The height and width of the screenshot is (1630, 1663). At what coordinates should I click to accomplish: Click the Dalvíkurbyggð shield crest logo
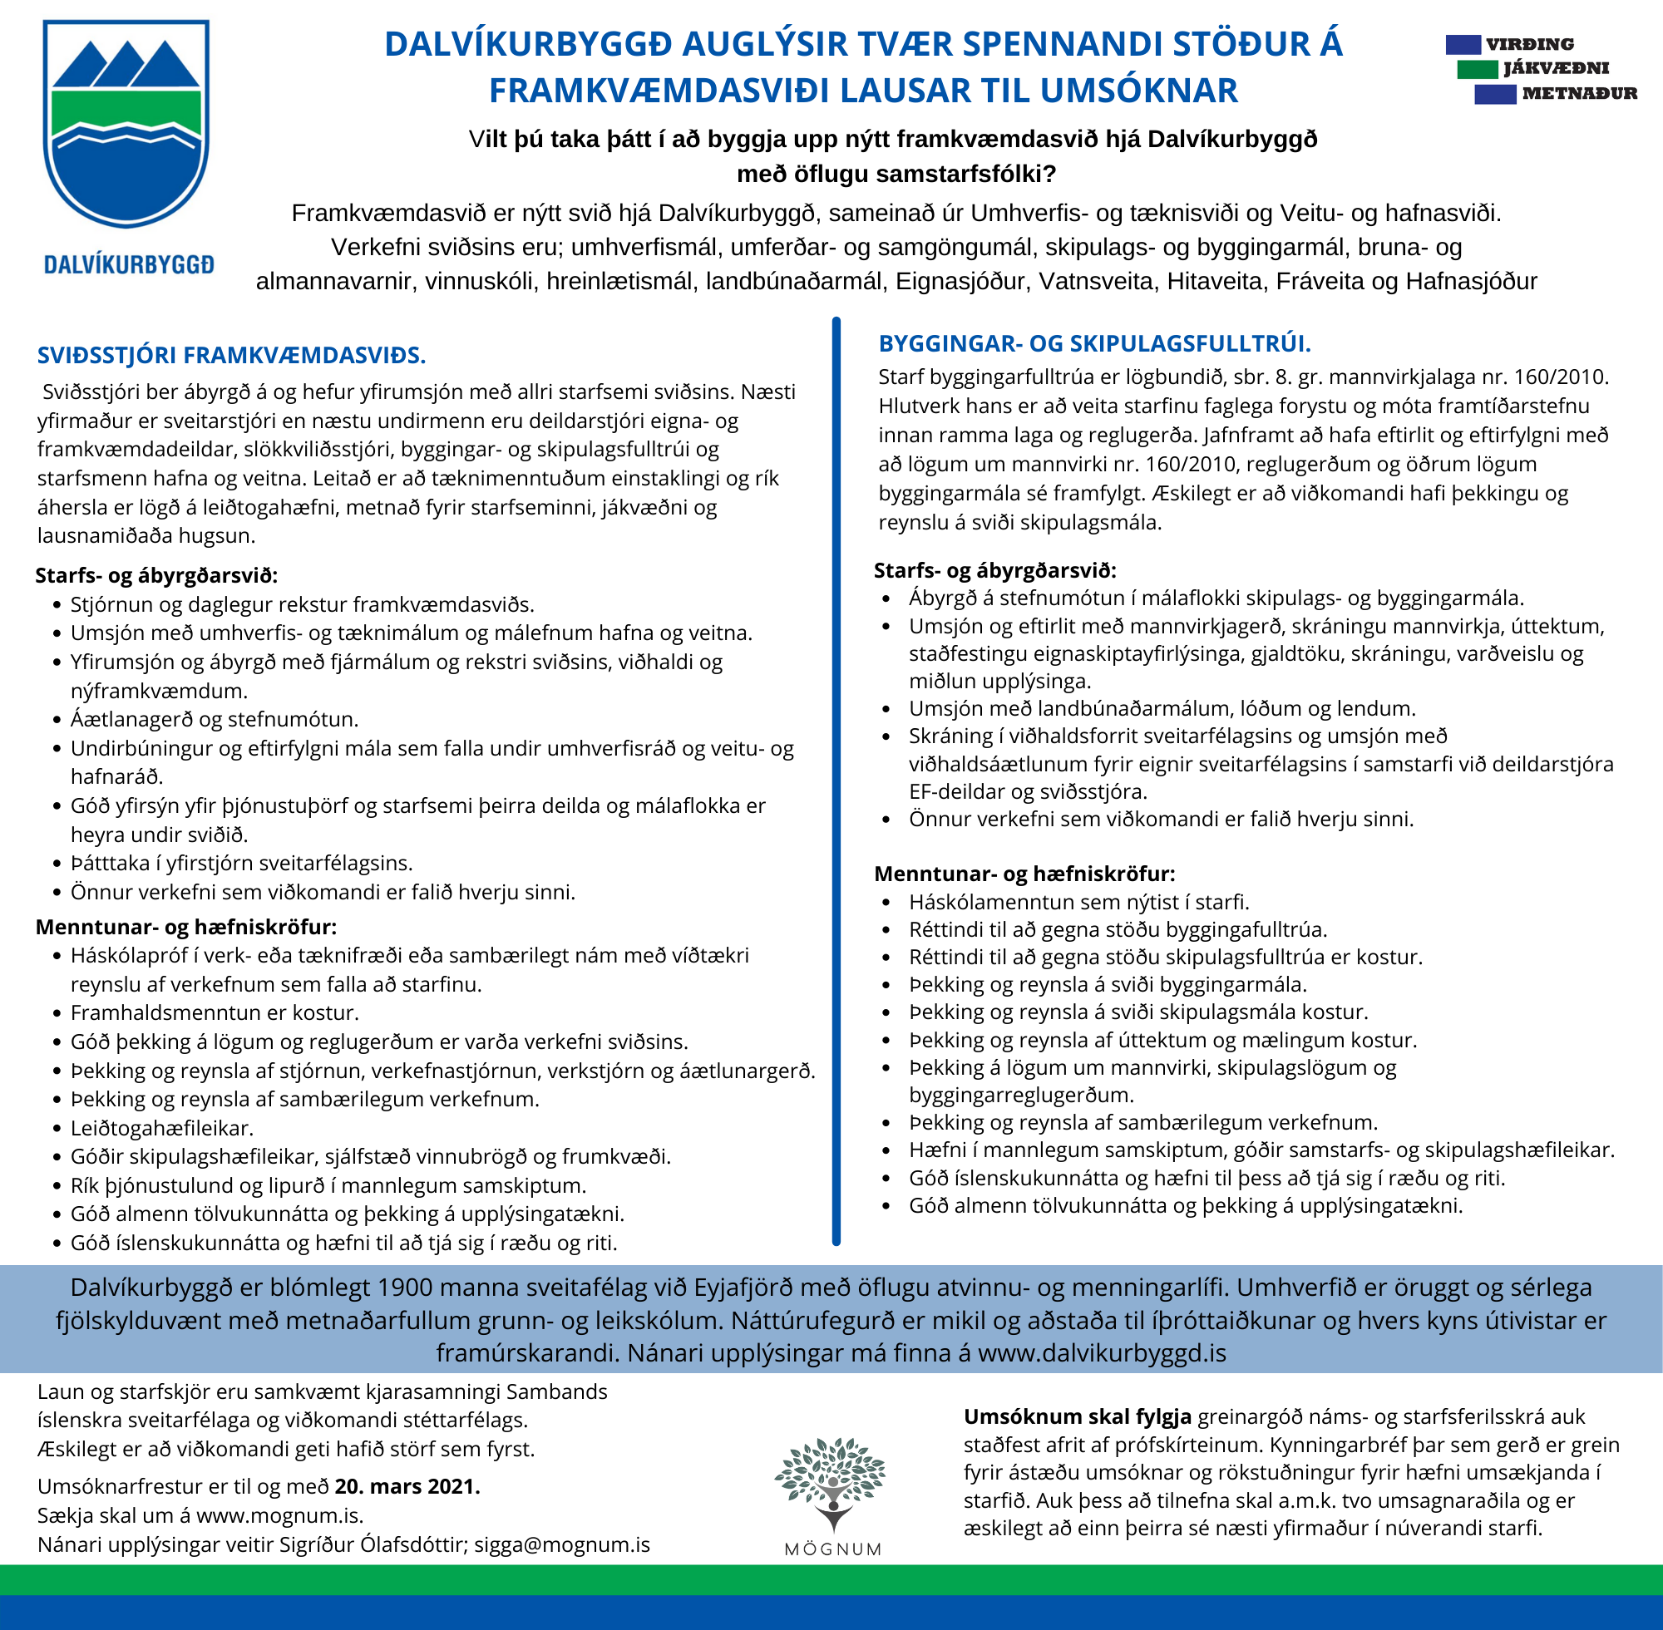(x=126, y=124)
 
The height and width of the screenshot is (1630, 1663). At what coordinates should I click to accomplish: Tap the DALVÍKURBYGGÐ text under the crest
(x=128, y=264)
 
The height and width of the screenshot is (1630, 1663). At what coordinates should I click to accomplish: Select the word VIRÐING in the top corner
(x=1529, y=45)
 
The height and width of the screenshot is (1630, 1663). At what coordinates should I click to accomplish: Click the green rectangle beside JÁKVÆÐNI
(x=1478, y=68)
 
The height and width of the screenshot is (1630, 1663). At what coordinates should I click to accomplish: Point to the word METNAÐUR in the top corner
(x=1579, y=93)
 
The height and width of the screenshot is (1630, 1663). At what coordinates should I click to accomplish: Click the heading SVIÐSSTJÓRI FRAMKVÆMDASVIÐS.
(x=231, y=355)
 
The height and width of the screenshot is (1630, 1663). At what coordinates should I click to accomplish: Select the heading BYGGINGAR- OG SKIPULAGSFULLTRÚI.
(x=1094, y=344)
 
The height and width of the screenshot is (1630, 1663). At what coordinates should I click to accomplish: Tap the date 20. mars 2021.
(x=407, y=1486)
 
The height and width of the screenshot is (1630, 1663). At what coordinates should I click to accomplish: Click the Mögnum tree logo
(x=831, y=1485)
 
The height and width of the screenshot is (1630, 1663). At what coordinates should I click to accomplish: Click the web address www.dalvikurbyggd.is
(x=1101, y=1352)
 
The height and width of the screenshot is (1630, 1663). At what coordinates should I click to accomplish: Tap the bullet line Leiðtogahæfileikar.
(x=162, y=1128)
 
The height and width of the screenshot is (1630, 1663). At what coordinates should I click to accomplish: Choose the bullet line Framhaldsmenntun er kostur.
(x=214, y=1012)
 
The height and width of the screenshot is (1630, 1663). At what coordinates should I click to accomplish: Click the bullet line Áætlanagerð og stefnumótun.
(x=214, y=719)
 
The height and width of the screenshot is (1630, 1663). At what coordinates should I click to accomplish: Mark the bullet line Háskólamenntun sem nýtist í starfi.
(x=1079, y=903)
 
